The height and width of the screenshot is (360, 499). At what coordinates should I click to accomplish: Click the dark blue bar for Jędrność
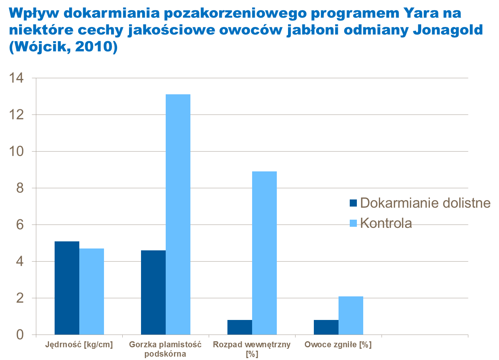pos(67,288)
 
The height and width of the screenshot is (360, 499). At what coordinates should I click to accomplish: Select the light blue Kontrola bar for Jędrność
pos(92,292)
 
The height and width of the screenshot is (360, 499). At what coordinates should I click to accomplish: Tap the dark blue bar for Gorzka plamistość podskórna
pos(153,293)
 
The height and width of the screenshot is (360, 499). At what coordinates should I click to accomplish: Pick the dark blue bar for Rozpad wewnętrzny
pos(240,327)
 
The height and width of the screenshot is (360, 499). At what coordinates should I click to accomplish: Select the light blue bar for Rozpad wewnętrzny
pos(264,253)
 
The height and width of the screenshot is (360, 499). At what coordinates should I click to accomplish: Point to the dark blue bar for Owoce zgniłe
pos(326,327)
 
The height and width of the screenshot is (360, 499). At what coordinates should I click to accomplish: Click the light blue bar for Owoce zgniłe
pos(351,315)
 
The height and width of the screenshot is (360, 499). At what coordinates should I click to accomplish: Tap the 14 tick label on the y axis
pos(17,79)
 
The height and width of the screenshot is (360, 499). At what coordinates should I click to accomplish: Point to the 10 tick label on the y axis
pos(17,152)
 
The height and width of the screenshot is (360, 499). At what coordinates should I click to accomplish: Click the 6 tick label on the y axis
pos(20,225)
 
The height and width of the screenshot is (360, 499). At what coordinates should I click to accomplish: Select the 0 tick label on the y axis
pos(20,335)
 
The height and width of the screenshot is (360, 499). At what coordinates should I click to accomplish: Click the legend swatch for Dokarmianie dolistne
pos(353,203)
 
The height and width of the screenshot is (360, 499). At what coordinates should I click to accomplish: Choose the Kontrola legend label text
pos(386,223)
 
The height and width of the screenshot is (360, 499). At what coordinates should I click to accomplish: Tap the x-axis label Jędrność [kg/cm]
pos(79,344)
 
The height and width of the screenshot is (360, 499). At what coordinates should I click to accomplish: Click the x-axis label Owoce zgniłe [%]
pos(338,344)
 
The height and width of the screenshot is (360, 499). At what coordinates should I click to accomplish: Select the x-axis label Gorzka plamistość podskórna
pos(165,349)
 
